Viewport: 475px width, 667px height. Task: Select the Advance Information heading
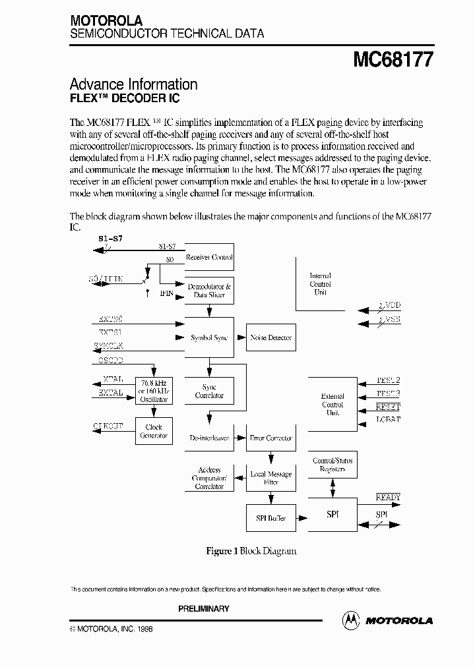point(133,84)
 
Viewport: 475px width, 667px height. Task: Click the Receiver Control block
point(209,258)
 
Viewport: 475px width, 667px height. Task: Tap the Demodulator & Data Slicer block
point(209,291)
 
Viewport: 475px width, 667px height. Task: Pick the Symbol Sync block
point(209,337)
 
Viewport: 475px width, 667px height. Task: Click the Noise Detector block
point(270,337)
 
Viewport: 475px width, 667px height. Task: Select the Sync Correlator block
point(209,391)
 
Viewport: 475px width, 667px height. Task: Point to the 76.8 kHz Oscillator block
point(154,391)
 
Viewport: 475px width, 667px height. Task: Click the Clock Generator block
point(154,431)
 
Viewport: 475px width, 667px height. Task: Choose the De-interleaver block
point(209,438)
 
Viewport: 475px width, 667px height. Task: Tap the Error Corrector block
point(270,438)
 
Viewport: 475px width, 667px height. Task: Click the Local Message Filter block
point(270,478)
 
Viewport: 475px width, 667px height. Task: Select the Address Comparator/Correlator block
point(209,478)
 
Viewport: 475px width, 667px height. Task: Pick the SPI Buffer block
point(270,518)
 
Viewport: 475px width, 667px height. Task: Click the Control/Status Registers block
point(332,465)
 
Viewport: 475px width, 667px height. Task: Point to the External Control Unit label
point(332,405)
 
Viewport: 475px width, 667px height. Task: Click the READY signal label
point(388,498)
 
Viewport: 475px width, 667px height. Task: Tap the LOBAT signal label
point(388,420)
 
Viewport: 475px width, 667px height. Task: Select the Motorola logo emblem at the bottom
point(352,620)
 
